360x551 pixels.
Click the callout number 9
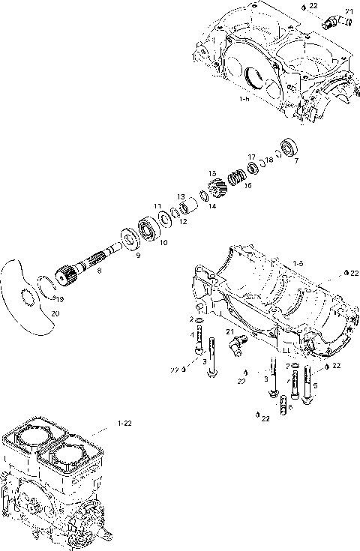[x=137, y=256]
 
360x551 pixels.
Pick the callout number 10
[x=163, y=243]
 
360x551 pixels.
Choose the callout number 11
[x=157, y=205]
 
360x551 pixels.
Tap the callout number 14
[x=212, y=206]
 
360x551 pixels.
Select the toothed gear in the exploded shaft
[x=213, y=185]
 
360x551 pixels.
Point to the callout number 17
[x=252, y=157]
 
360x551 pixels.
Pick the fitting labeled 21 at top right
[x=329, y=22]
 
